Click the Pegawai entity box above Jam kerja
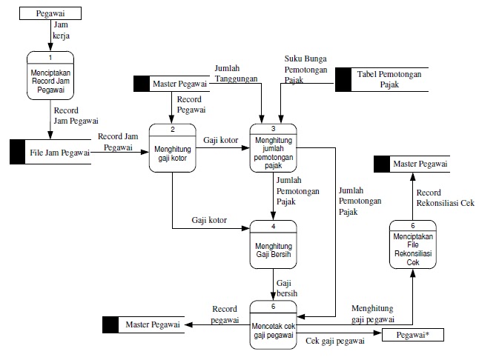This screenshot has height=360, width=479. tap(49, 13)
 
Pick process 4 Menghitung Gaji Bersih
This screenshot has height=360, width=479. tap(273, 247)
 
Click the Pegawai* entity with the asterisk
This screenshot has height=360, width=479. tap(416, 335)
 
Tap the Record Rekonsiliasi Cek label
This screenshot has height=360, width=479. tap(444, 199)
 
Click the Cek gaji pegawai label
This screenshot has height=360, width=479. tap(334, 341)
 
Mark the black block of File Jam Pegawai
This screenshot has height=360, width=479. tap(17, 152)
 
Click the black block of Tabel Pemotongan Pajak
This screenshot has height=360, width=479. tap(343, 80)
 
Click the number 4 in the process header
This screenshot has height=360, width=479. tap(273, 225)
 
